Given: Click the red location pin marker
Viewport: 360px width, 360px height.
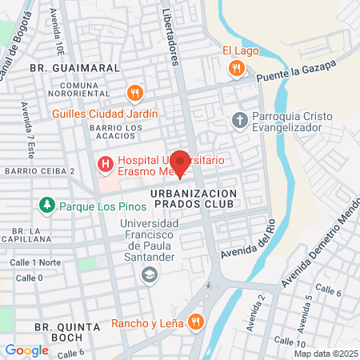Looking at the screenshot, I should [x=180, y=162].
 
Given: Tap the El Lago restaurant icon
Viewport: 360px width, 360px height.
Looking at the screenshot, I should [x=234, y=70].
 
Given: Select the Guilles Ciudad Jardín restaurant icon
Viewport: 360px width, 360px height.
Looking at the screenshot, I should [x=134, y=94].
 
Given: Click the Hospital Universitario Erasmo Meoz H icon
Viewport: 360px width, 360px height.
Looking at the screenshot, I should [x=104, y=165].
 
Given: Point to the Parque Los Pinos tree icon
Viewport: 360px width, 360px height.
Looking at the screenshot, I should [x=47, y=206].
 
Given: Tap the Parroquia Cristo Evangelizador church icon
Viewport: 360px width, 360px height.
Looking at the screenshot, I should [x=238, y=121].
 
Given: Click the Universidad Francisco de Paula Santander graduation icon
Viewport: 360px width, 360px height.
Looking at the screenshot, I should [x=149, y=275].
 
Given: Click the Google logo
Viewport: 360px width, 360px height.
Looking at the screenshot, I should [x=26, y=350].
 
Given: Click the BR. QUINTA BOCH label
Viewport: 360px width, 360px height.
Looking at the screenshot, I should [x=67, y=333].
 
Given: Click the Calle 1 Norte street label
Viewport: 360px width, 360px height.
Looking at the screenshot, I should [x=34, y=262].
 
